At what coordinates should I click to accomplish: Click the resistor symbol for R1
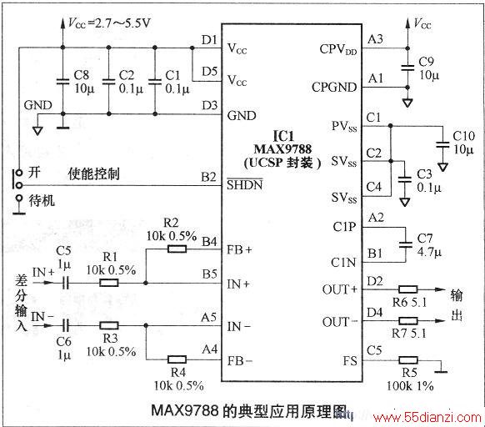point(109,283)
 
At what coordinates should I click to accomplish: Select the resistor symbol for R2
point(177,249)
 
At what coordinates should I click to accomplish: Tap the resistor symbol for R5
point(408,360)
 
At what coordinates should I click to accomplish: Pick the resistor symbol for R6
point(408,289)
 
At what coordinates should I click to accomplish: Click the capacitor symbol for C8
point(62,81)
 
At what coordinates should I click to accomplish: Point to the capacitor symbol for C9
point(407,68)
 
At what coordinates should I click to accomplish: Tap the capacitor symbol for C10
point(442,145)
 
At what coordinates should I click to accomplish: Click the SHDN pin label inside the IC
point(245,184)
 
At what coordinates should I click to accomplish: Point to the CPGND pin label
point(334,88)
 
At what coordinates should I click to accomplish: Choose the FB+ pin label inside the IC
point(239,249)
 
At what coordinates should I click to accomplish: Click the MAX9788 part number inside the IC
point(282,149)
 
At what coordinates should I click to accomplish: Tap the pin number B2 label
point(208,177)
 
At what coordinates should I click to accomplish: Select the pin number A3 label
point(375,39)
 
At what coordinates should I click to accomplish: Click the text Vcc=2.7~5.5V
point(109,23)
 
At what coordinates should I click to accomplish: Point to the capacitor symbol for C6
point(66,325)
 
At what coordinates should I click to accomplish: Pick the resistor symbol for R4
point(177,359)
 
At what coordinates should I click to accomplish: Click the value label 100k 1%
point(410,386)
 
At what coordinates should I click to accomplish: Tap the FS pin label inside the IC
point(350,361)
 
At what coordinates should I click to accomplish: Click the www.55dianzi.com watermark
point(427,418)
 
